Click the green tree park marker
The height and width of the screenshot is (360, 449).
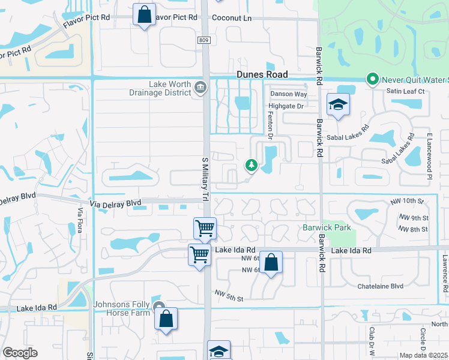tap(250, 164)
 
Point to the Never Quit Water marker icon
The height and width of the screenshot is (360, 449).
tap(372, 79)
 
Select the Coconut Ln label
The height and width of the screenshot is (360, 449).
tap(232, 18)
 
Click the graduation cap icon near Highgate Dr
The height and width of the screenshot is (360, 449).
tap(338, 105)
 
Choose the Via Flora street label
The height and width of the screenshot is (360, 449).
tap(80, 220)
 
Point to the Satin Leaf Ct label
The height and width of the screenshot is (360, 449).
tap(405, 91)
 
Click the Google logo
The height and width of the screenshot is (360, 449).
tap(20, 353)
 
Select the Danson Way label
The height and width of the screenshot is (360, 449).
tap(288, 94)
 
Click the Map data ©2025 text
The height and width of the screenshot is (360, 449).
tap(423, 355)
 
